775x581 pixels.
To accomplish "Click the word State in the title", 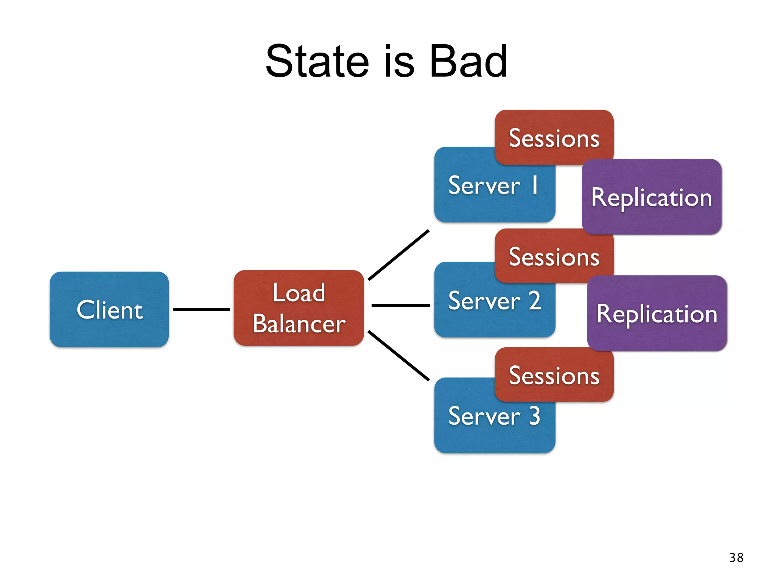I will [x=317, y=61].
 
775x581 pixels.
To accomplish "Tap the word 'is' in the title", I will [x=399, y=61].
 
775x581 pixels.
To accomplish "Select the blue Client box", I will [x=109, y=309].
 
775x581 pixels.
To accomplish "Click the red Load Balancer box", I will [x=299, y=308].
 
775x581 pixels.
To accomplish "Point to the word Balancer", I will [x=299, y=324].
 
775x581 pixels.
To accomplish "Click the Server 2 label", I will [x=494, y=301].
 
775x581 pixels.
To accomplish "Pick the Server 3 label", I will [x=494, y=416].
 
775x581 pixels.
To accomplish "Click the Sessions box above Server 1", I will [x=554, y=138].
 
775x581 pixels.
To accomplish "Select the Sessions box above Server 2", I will [x=554, y=256].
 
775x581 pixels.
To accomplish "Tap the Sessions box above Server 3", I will [x=554, y=375].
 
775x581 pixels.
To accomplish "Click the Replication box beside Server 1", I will [x=652, y=197].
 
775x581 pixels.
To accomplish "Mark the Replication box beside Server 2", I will [x=657, y=314].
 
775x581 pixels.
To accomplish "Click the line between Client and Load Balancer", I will [x=201, y=309].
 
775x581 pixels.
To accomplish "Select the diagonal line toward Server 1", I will [x=398, y=255].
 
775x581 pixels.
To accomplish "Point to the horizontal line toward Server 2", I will [x=400, y=305].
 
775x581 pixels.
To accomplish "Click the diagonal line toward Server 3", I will [x=398, y=356].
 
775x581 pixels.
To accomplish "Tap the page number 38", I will [x=736, y=558].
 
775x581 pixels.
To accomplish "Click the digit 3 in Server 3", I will [x=534, y=416].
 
